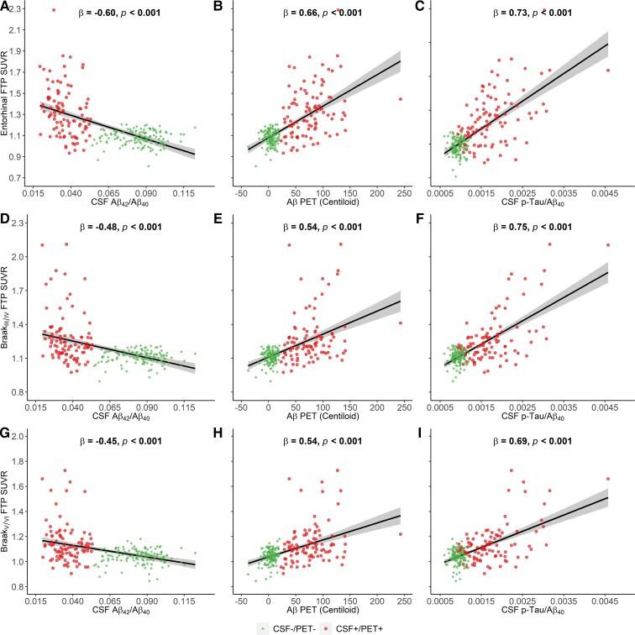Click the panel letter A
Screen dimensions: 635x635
click(x=5, y=8)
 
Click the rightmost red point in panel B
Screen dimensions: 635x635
click(x=401, y=98)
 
